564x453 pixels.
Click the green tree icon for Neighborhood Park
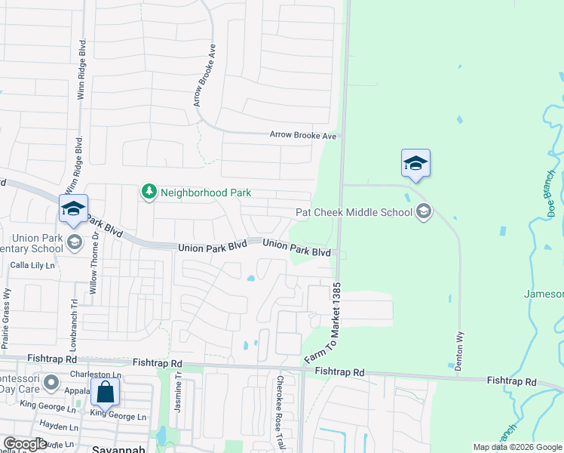point(149,193)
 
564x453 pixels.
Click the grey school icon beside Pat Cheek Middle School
point(424,211)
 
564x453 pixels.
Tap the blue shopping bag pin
point(105,393)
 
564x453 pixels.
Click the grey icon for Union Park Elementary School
point(74,242)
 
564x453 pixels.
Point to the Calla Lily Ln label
point(32,265)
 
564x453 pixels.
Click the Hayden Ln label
point(54,426)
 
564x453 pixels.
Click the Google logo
point(25,444)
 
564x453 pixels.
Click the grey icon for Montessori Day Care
point(51,382)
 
